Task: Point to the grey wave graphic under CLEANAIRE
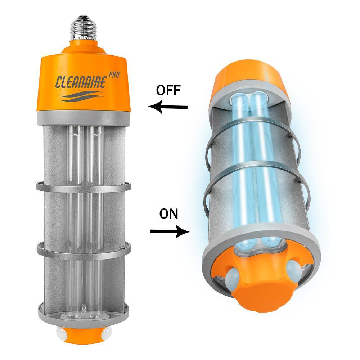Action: coord(81,96)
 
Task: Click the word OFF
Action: coord(168,90)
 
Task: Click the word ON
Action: coord(169,214)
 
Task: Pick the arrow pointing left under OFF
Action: coord(168,107)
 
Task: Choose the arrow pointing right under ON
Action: coord(170,231)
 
